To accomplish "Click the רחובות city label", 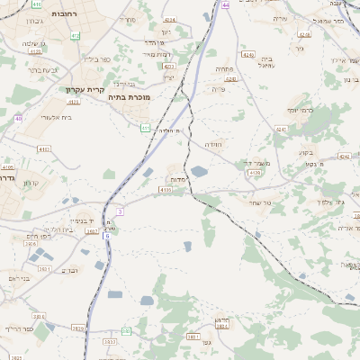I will click(x=42, y=14).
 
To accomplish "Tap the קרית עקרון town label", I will click(x=85, y=90).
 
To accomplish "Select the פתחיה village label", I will click(x=224, y=68).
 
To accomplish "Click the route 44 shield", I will click(x=226, y=5).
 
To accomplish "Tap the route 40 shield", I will click(x=18, y=118).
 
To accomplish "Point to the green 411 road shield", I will click(x=145, y=128).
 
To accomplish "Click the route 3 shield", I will click(x=119, y=211).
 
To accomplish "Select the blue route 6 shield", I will click(x=106, y=235).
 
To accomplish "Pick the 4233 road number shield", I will click(x=168, y=66).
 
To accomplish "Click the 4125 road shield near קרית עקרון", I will click(x=74, y=102).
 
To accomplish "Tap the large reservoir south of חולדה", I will click(x=200, y=171).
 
